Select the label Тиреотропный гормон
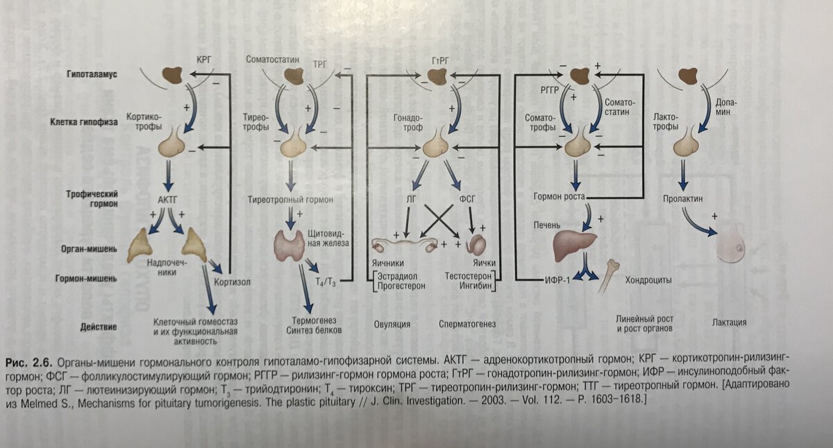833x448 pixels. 292,199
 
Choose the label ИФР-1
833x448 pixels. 556,281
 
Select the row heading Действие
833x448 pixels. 97,327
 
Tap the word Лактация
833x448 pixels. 729,322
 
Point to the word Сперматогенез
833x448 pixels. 470,324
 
